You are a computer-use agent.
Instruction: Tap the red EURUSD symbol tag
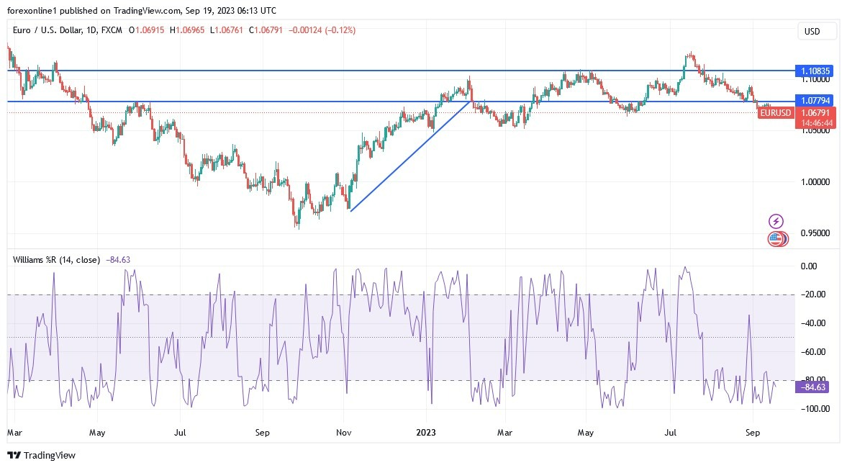click(x=776, y=112)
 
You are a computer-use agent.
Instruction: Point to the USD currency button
click(x=817, y=31)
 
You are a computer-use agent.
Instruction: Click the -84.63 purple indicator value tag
click(x=812, y=387)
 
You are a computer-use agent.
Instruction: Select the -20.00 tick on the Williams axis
click(x=812, y=294)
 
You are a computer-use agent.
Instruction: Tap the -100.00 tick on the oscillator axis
click(x=812, y=408)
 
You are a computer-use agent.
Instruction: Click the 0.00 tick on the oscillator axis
click(x=812, y=266)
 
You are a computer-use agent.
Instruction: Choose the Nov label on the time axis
click(x=344, y=433)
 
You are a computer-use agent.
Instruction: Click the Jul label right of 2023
click(x=670, y=433)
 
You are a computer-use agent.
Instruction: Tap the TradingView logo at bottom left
click(x=41, y=455)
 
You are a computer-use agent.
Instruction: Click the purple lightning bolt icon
click(x=776, y=221)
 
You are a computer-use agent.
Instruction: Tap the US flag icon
click(x=775, y=239)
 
